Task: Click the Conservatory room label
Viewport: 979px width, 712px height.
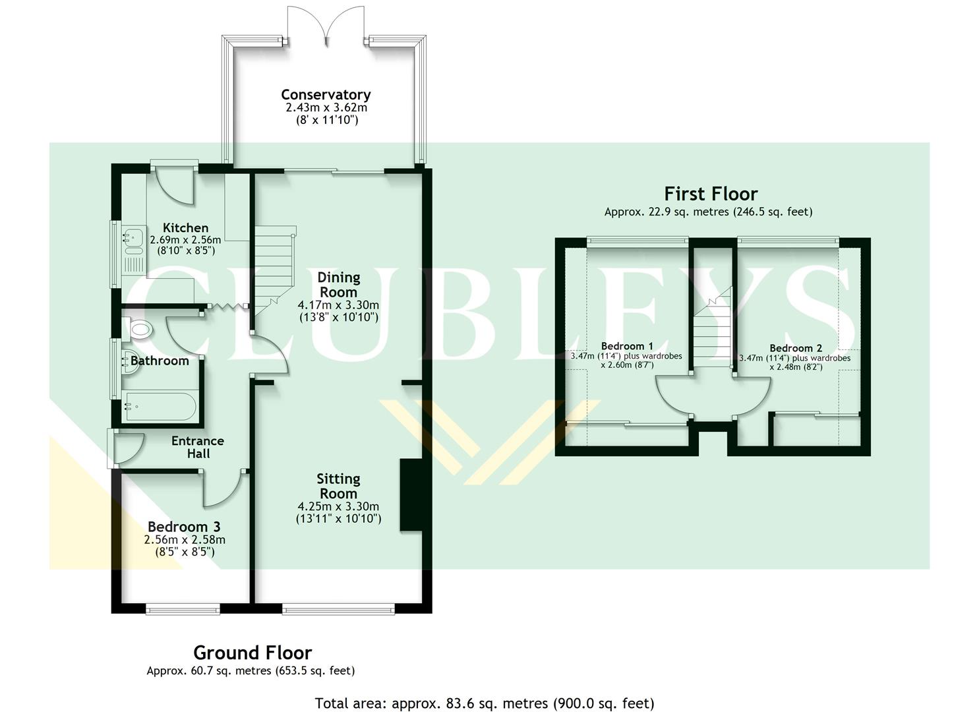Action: [326, 94]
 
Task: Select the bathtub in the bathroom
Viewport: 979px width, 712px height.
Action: [159, 407]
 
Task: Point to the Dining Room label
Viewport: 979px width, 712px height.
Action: [338, 284]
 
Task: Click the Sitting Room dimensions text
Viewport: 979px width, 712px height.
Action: [338, 512]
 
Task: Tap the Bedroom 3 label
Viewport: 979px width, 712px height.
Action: [184, 527]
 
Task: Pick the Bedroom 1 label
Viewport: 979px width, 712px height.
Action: [627, 346]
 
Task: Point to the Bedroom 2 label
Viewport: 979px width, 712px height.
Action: [795, 348]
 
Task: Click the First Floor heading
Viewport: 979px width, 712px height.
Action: [711, 194]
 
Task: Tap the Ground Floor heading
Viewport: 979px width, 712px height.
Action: [252, 653]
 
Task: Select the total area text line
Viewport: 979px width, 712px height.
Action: [485, 703]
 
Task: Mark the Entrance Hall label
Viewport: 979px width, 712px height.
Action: [198, 447]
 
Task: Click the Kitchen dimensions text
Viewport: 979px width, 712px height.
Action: [185, 245]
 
